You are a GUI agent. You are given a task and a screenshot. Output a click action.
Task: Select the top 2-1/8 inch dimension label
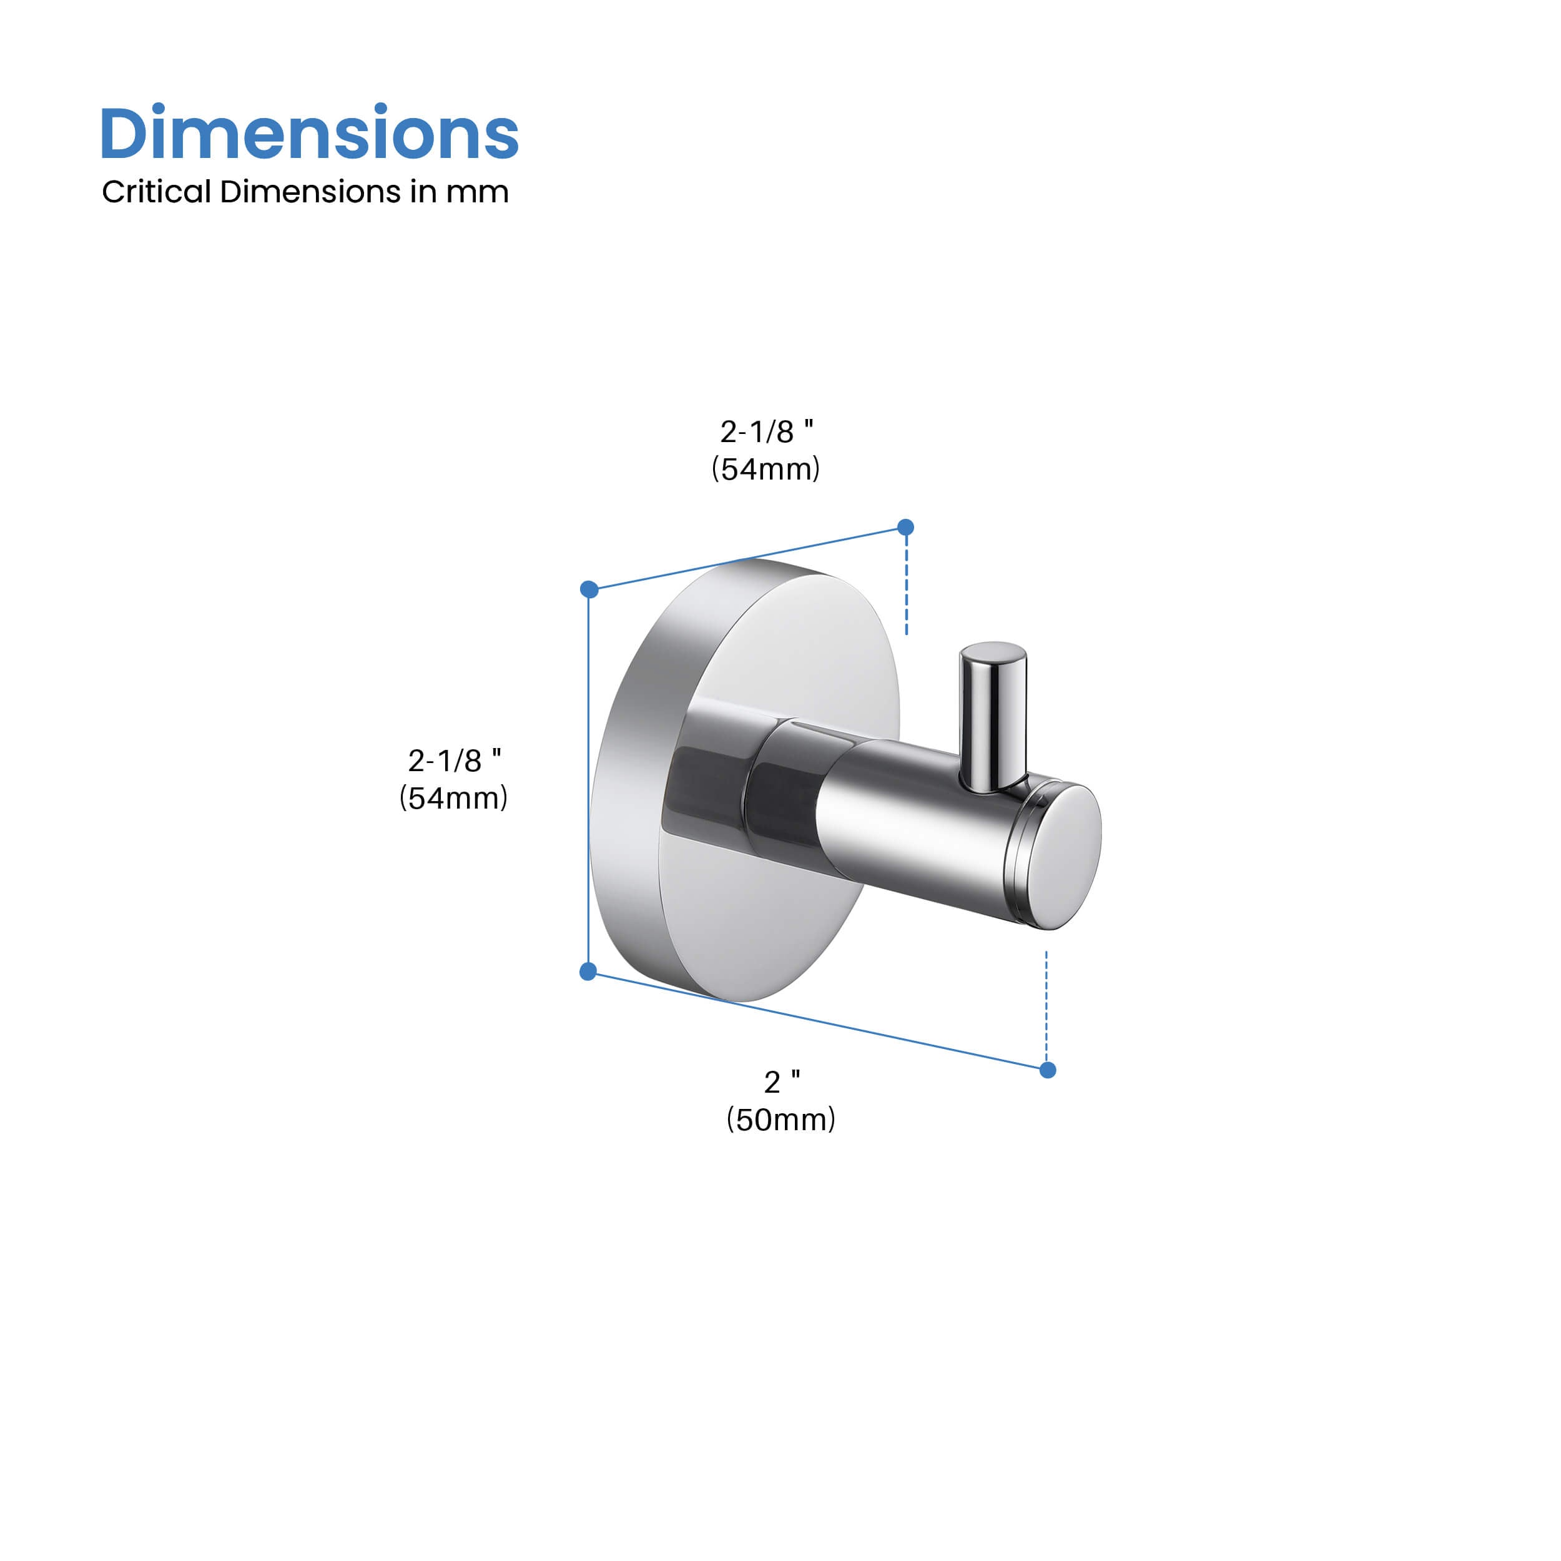coord(766,431)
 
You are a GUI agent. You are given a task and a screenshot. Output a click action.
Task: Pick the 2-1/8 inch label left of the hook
coord(454,761)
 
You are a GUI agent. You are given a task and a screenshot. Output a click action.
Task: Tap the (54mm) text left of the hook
coord(453,797)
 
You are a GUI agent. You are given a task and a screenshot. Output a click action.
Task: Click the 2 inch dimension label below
coord(781,1082)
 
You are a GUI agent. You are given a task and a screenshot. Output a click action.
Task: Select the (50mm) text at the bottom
coord(780,1119)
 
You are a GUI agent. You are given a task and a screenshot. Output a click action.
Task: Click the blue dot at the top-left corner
coord(589,589)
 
